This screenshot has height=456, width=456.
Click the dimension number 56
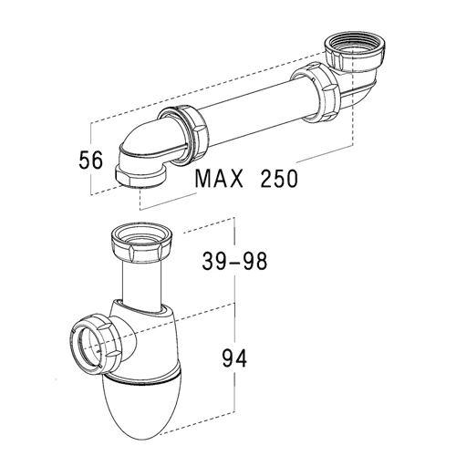(91, 161)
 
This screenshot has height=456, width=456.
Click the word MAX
(219, 179)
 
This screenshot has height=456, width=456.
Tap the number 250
(279, 179)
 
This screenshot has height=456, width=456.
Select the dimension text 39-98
(234, 262)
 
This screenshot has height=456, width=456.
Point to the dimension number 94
(234, 358)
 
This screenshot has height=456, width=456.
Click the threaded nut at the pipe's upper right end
(355, 53)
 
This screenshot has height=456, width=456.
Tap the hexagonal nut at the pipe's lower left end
(140, 177)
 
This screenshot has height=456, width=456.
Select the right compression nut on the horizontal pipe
(316, 92)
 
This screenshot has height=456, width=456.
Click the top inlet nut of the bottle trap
(141, 244)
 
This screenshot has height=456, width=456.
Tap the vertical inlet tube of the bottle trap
(141, 285)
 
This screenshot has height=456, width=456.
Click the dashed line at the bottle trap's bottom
(197, 422)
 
